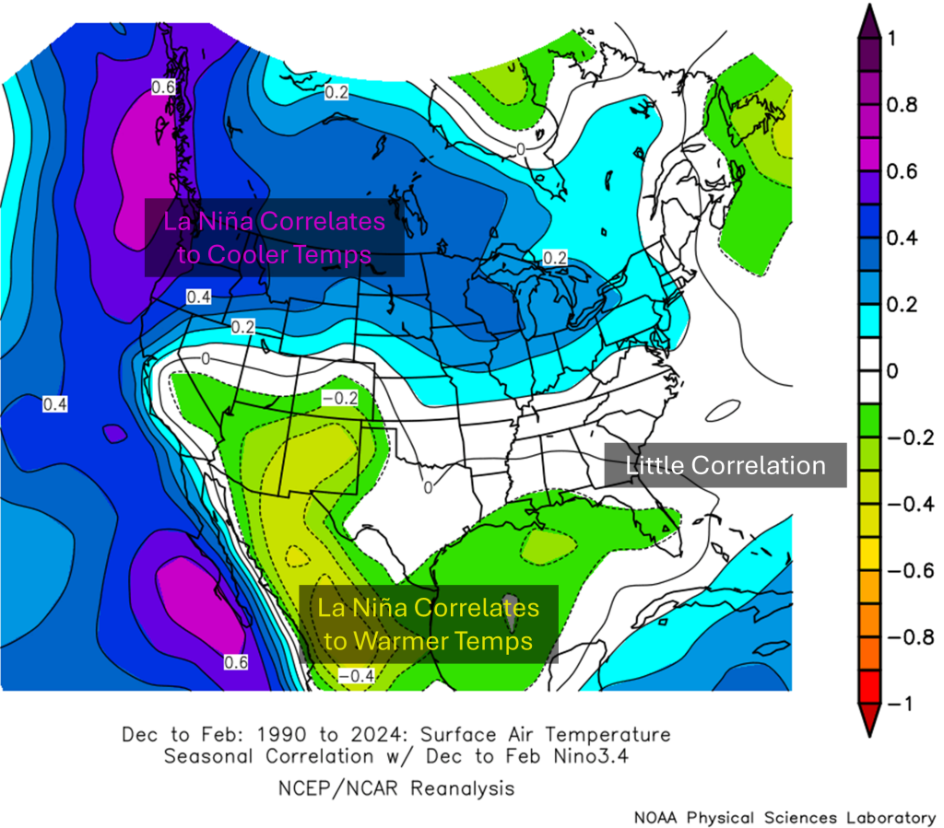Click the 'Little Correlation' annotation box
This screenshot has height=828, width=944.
click(x=725, y=466)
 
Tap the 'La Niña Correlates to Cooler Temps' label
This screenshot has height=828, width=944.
click(x=275, y=238)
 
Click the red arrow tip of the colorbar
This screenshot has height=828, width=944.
click(x=867, y=718)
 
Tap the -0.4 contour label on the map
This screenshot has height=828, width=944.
click(x=354, y=677)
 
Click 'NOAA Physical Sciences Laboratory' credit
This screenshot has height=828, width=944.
click(x=784, y=817)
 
